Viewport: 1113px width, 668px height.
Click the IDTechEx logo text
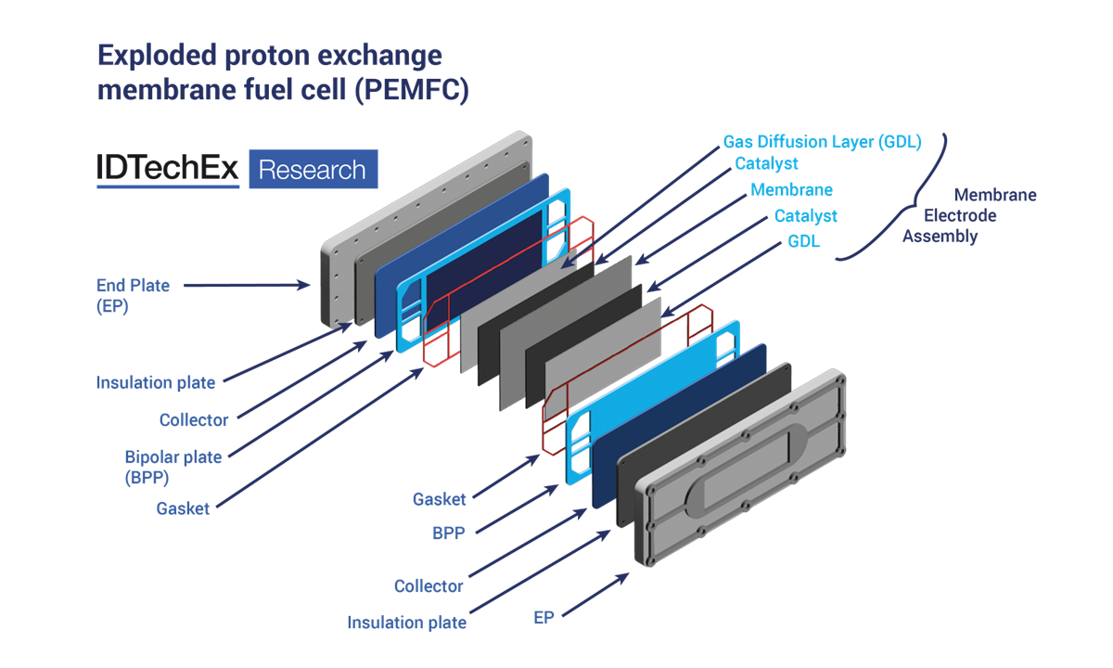167,169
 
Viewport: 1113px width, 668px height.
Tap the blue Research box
313,169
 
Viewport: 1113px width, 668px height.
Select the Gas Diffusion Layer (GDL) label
822,142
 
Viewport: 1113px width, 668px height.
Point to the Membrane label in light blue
791,189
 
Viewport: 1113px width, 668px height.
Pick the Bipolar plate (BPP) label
173,467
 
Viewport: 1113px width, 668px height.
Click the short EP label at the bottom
544,617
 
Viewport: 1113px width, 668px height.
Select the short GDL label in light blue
803,241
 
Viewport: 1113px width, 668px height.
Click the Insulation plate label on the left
156,382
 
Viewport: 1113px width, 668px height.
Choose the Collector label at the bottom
429,586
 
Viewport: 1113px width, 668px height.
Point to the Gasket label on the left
183,508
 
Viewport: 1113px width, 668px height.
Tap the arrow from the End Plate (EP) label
246,286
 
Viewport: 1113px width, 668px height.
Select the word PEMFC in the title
412,92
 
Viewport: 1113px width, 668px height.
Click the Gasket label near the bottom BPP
440,499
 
